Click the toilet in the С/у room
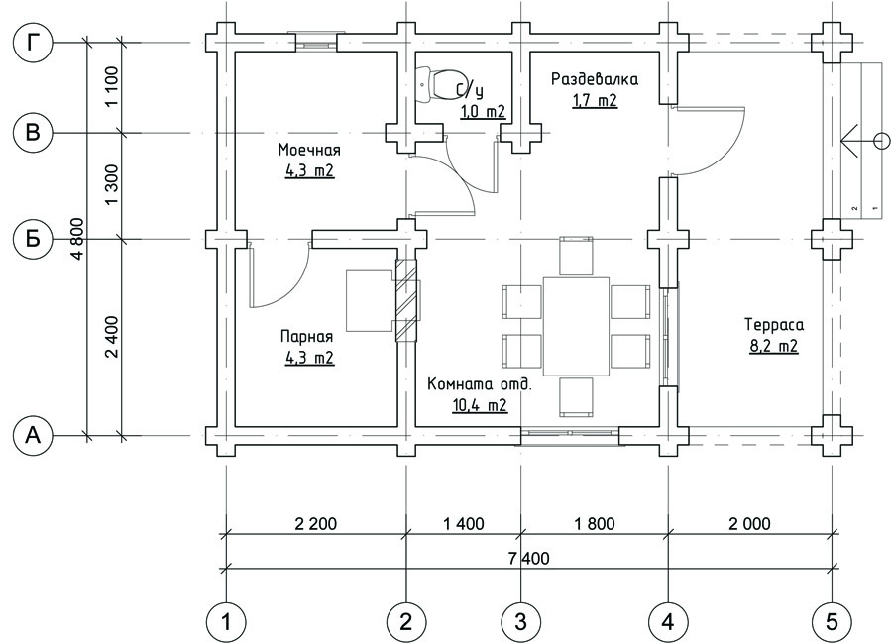pos(441,85)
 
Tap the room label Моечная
pos(309,151)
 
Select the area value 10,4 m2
pos(480,405)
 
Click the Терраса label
pos(774,325)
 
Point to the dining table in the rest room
pos(576,327)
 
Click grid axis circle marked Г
pos(33,42)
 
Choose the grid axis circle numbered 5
pos(833,622)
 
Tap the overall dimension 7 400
pos(530,558)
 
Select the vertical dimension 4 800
pos(78,239)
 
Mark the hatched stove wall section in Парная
pos(406,300)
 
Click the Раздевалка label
pos(595,79)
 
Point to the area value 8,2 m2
pos(774,346)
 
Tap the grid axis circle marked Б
pos(33,239)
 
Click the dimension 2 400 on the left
pos(113,337)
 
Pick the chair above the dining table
pos(576,256)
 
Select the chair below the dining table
pos(576,397)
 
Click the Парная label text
pos(306,337)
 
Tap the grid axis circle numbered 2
pos(406,622)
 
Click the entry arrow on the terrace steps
pos(864,140)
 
